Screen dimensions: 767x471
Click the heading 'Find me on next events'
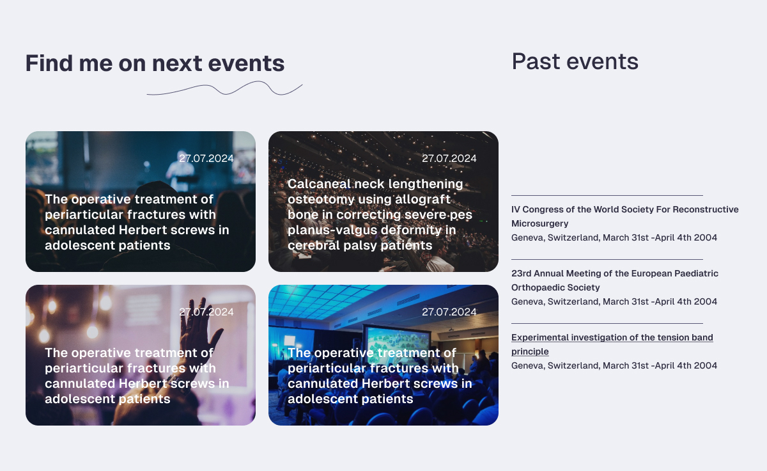pyautogui.click(x=155, y=63)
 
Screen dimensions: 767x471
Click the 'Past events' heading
pyautogui.click(x=575, y=61)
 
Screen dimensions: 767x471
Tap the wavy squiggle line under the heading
pyautogui.click(x=224, y=88)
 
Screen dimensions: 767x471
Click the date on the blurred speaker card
pyautogui.click(x=206, y=158)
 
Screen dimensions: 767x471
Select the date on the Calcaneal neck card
pyautogui.click(x=449, y=158)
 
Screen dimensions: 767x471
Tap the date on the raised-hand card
pyautogui.click(x=206, y=312)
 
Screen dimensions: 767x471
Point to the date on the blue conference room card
pyautogui.click(x=449, y=312)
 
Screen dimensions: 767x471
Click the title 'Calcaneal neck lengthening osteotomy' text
pyautogui.click(x=380, y=214)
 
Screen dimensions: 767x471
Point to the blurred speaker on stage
pyautogui.click(x=180, y=173)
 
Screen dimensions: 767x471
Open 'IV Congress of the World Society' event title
pyautogui.click(x=625, y=216)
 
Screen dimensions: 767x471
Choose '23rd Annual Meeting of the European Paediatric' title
pyautogui.click(x=615, y=280)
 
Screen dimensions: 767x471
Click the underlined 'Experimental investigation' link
pyautogui.click(x=612, y=344)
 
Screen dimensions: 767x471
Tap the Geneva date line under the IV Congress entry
pyautogui.click(x=614, y=237)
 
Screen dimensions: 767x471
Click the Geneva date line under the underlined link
pyautogui.click(x=614, y=365)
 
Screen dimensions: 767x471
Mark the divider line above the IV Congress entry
pyautogui.click(x=607, y=195)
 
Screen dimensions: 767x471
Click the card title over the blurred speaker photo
pyautogui.click(x=137, y=222)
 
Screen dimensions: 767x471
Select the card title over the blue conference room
pyautogui.click(x=380, y=376)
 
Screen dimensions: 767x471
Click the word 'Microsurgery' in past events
pyautogui.click(x=539, y=223)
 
